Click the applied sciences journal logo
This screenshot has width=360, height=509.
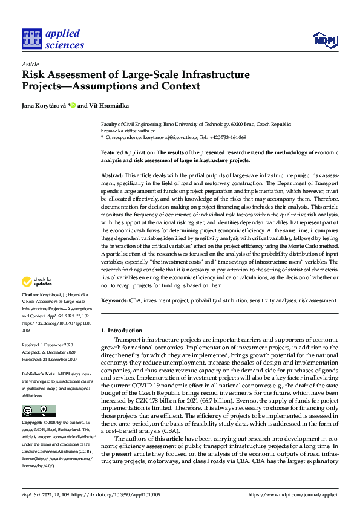(53, 39)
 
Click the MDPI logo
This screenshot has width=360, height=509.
(324, 41)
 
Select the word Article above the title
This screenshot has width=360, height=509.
(30, 64)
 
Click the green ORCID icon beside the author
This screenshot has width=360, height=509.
(73, 105)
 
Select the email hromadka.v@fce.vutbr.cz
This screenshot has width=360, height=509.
(128, 131)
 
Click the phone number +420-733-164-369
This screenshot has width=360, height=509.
(242, 138)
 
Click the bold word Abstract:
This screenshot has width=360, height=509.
(112, 175)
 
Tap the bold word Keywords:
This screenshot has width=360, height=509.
(114, 300)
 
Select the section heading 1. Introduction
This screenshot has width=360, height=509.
(122, 331)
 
